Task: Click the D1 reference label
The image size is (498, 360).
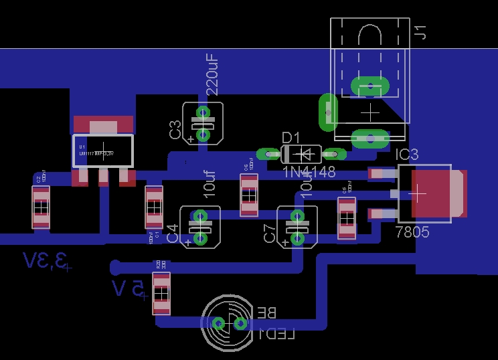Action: (291, 138)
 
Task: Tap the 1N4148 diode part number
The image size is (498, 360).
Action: (309, 172)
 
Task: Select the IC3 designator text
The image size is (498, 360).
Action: (407, 155)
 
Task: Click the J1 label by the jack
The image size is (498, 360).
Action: (420, 31)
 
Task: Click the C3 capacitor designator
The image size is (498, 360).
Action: (175, 129)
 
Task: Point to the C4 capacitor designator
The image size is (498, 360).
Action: (173, 234)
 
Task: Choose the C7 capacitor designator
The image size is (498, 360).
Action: (270, 234)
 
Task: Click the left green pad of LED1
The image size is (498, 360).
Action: (218, 324)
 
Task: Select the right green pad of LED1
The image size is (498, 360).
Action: (240, 324)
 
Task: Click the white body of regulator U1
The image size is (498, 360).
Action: (102, 151)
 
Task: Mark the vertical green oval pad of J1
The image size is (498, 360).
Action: (328, 112)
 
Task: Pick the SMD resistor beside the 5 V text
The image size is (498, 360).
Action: (161, 292)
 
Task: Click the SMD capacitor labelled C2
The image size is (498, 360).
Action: (41, 207)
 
